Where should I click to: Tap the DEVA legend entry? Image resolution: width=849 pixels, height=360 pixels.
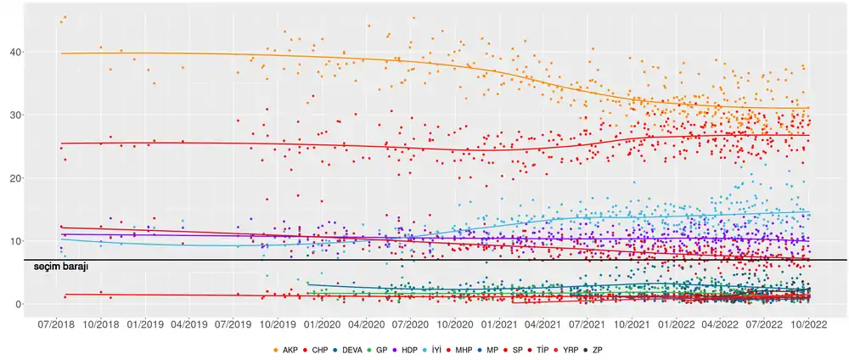tap(351, 350)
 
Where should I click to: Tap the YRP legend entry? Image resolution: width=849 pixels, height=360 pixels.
tap(570, 350)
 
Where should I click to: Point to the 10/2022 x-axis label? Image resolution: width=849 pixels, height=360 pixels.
tap(808, 323)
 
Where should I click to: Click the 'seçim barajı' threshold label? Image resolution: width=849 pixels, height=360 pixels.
tap(60, 267)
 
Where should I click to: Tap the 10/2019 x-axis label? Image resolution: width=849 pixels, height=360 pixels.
tap(278, 323)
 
